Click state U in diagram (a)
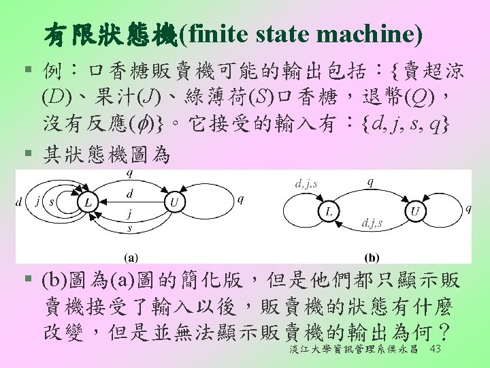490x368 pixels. [x=174, y=202]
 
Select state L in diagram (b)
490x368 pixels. [x=329, y=212]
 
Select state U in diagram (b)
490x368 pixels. [x=415, y=212]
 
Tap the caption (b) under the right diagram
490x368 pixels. [x=372, y=258]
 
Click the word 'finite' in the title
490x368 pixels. [x=216, y=33]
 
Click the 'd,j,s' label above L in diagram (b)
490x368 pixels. [x=304, y=183]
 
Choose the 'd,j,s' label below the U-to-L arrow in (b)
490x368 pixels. [x=372, y=223]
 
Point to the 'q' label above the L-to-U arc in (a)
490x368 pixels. [x=130, y=174]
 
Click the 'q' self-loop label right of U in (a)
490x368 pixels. [x=240, y=200]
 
